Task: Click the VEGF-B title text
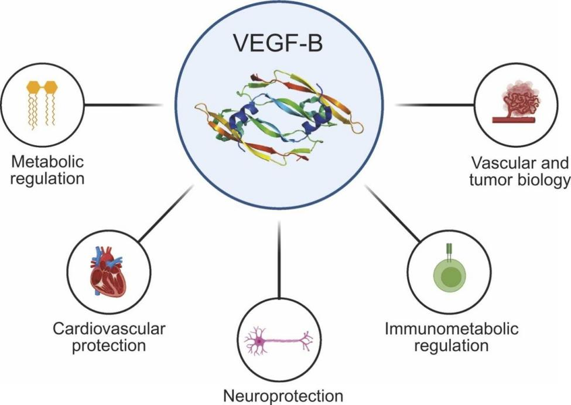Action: point(279,43)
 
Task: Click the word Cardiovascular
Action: point(108,328)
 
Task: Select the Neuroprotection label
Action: point(281,395)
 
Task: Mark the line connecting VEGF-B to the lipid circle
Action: point(123,105)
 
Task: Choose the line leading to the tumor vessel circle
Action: point(435,105)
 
